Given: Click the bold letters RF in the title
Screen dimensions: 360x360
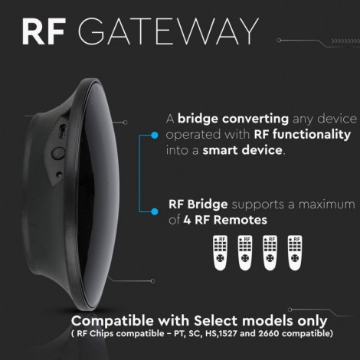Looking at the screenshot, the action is [x=43, y=31].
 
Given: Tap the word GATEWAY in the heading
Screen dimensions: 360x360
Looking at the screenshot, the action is [x=169, y=31].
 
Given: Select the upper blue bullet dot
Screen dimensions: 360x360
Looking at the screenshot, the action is [x=155, y=136].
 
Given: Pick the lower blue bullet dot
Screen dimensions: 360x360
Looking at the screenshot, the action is [x=155, y=211].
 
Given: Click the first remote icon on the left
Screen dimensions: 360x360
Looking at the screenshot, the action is [x=220, y=253].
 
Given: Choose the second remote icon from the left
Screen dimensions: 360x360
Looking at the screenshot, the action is [x=245, y=253].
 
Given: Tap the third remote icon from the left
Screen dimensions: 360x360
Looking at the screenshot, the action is [x=270, y=253].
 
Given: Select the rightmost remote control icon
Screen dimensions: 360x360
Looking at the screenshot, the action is [x=295, y=253].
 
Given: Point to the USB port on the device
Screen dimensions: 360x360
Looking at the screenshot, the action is [x=61, y=132].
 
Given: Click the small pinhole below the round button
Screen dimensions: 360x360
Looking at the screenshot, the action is [x=59, y=175].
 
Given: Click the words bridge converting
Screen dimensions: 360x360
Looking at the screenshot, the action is [x=233, y=119].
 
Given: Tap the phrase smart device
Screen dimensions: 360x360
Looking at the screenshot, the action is [x=243, y=150].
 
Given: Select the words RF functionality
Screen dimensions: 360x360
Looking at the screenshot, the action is [x=303, y=135].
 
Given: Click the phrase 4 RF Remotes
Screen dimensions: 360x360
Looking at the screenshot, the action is [x=225, y=220].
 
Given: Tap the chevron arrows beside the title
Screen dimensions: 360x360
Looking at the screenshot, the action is [x=345, y=41].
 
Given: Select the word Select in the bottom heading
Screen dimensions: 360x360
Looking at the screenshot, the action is [x=217, y=321].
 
